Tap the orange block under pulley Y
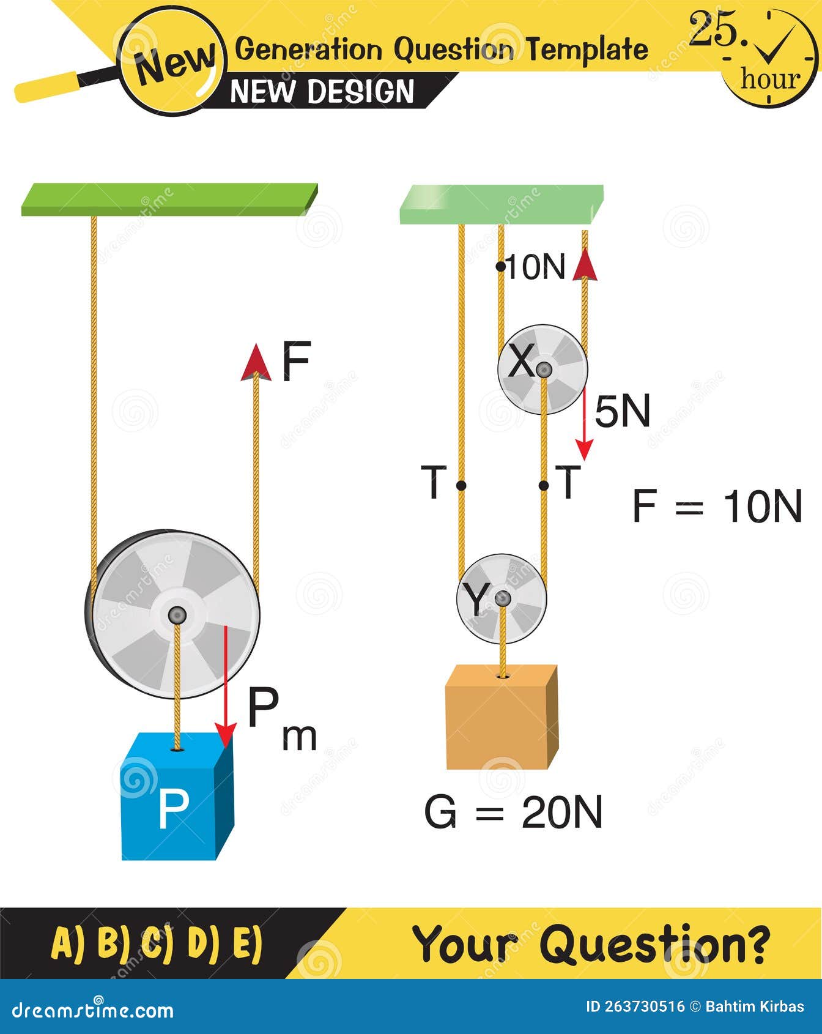[501, 719]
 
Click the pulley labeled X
[542, 369]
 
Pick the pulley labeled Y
[502, 598]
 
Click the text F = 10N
[716, 506]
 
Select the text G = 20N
[513, 812]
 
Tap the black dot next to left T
[461, 486]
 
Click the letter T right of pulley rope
[567, 482]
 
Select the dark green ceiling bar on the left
[169, 199]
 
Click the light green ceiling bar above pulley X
[500, 205]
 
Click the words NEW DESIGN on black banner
[322, 92]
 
